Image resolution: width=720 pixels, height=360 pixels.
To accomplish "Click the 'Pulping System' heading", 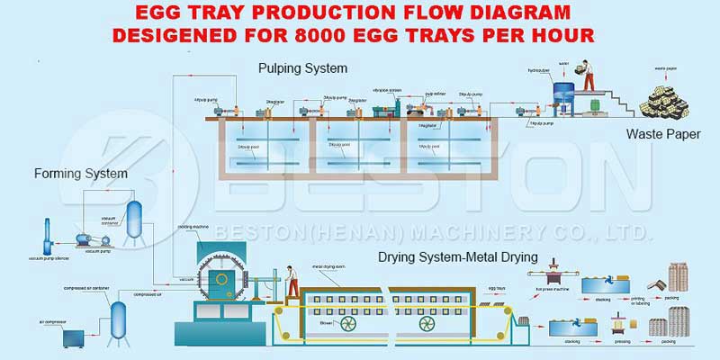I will pyautogui.click(x=302, y=68).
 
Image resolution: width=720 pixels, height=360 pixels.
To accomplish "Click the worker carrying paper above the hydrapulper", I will pyautogui.click(x=586, y=76).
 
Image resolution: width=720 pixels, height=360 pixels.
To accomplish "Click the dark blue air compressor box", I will pyautogui.click(x=73, y=339).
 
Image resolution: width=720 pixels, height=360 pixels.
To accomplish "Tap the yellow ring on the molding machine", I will pyautogui.click(x=220, y=278).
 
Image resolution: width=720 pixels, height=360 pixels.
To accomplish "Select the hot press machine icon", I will pyautogui.click(x=551, y=278).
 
